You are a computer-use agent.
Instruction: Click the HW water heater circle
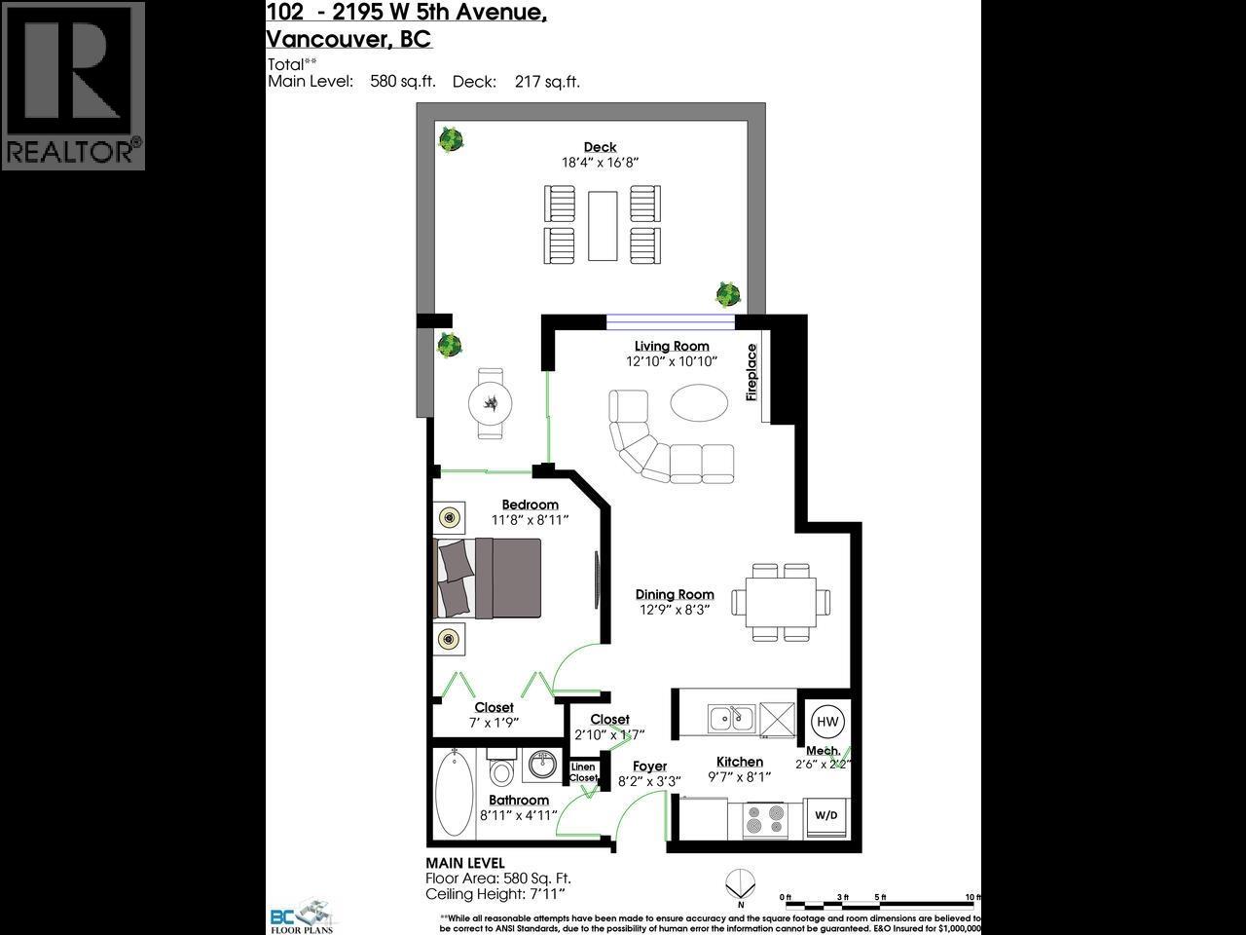[x=827, y=722]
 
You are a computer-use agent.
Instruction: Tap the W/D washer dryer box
[x=825, y=815]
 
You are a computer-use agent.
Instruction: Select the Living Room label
[x=672, y=346]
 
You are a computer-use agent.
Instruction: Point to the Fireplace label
[x=751, y=372]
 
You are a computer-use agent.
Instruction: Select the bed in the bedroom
[x=489, y=578]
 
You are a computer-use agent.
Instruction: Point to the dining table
[x=775, y=601]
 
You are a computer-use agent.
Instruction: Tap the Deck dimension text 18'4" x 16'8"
[x=600, y=163]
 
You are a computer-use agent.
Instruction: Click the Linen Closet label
[x=583, y=772]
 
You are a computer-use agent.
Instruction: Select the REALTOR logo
[x=73, y=86]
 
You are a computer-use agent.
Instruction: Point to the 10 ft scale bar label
[x=971, y=897]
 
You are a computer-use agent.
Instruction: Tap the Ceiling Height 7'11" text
[x=495, y=894]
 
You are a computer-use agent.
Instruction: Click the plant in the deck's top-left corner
[x=450, y=140]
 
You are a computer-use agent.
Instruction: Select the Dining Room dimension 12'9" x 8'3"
[x=675, y=610]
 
